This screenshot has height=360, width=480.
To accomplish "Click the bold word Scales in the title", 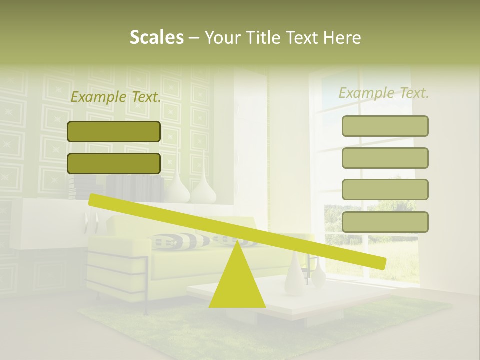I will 156,37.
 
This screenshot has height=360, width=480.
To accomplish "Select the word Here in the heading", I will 342,37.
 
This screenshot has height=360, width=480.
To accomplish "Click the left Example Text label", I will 116,97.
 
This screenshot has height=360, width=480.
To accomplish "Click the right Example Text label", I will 384,93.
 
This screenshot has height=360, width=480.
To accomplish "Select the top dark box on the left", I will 114,131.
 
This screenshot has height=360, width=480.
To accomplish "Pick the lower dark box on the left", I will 114,163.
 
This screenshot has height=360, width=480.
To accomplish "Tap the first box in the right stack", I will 385,126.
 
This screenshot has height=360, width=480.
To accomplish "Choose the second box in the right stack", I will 385,158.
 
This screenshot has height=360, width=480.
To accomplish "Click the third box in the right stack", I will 385,189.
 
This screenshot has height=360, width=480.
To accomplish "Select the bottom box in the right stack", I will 385,222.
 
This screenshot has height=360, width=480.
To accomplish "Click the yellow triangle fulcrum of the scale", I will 237,282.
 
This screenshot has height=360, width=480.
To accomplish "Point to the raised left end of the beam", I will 95,199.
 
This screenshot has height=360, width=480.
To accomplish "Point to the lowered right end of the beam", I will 380,262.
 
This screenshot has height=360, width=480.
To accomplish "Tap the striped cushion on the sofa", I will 180,241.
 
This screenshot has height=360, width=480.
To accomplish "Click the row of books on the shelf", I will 135,187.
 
